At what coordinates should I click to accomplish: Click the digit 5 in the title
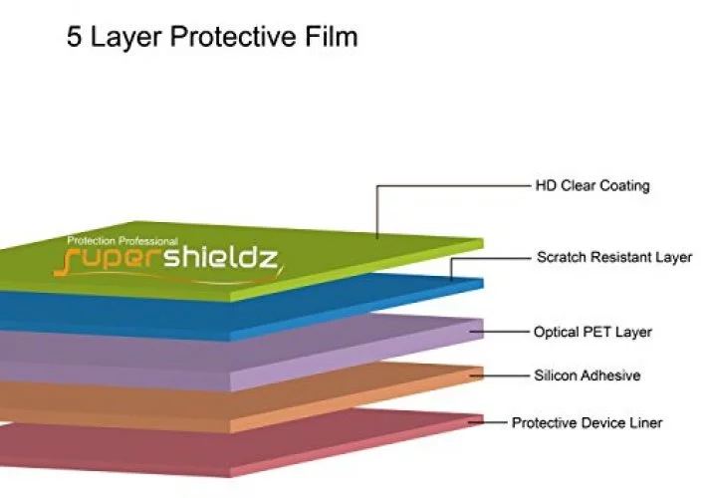pyautogui.click(x=75, y=37)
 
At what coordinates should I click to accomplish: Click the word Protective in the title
pyautogui.click(x=233, y=37)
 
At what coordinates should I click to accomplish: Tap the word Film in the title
pyautogui.click(x=332, y=36)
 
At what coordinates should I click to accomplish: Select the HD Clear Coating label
pyautogui.click(x=592, y=186)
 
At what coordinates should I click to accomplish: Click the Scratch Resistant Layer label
pyautogui.click(x=614, y=257)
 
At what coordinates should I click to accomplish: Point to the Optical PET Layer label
pyautogui.click(x=592, y=332)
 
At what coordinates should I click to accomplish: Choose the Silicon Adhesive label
pyautogui.click(x=588, y=375)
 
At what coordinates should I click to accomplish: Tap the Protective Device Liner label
pyautogui.click(x=588, y=422)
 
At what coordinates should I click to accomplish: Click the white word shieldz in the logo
pyautogui.click(x=220, y=258)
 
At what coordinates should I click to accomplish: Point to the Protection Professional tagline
pyautogui.click(x=122, y=241)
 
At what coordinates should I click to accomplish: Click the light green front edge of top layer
pyautogui.click(x=356, y=270)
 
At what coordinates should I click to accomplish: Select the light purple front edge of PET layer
pyautogui.click(x=356, y=356)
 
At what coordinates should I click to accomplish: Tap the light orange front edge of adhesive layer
pyautogui.click(x=356, y=400)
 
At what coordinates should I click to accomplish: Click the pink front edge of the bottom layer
pyautogui.click(x=356, y=445)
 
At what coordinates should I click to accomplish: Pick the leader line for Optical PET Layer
pyautogui.click(x=499, y=332)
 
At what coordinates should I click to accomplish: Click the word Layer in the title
pyautogui.click(x=125, y=38)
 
